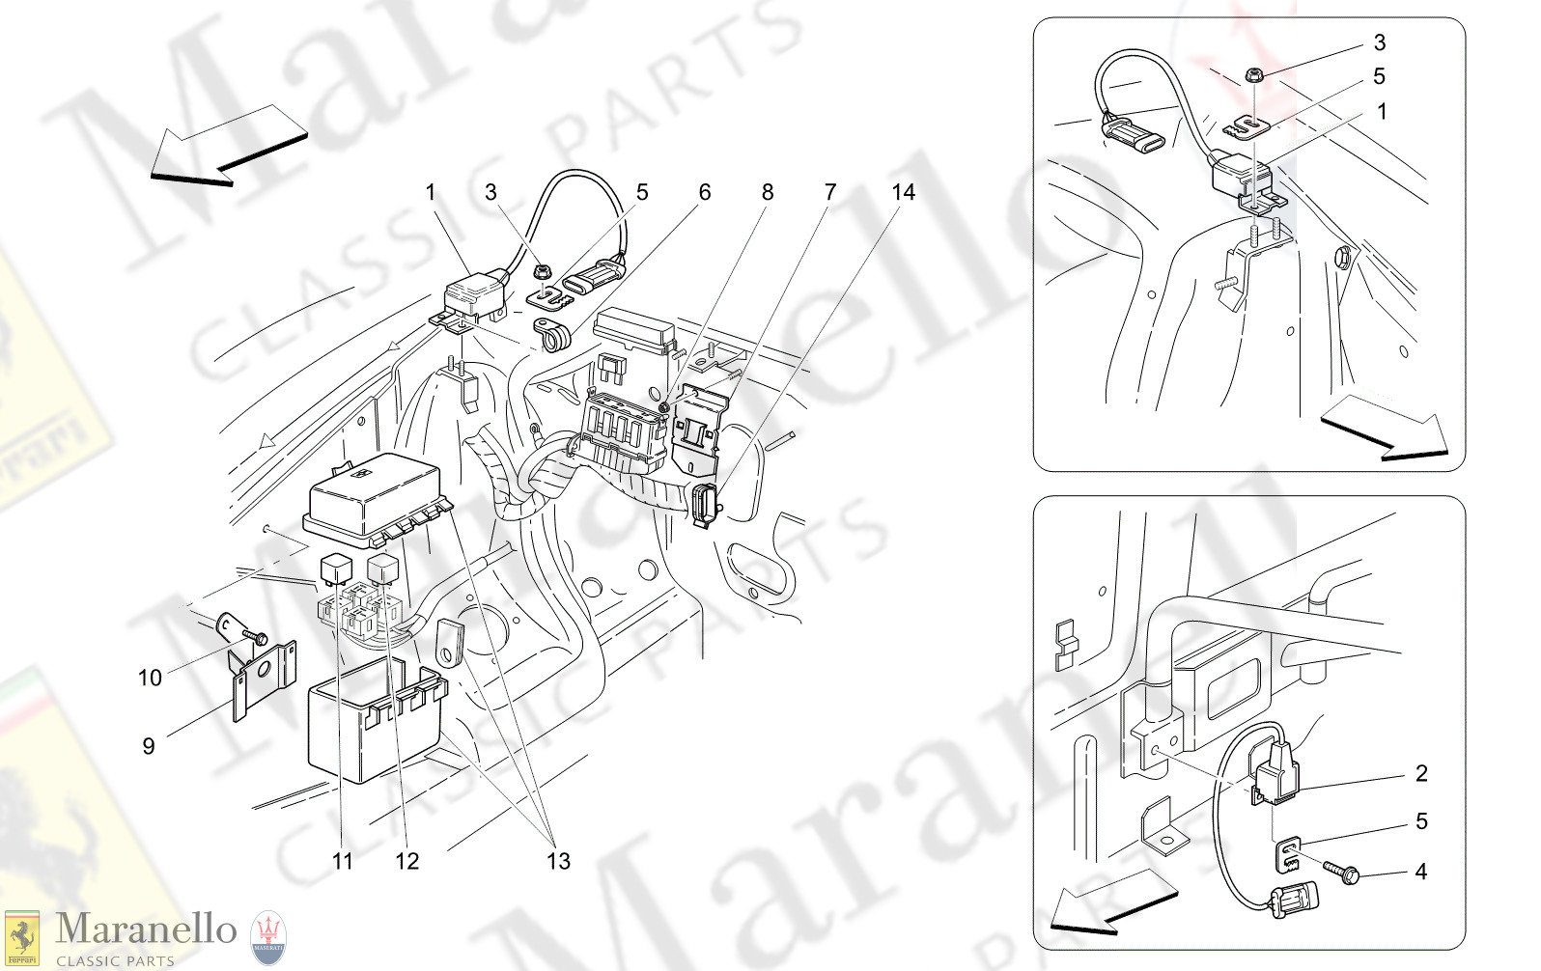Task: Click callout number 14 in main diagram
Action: pos(903,192)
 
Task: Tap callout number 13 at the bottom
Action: pos(558,861)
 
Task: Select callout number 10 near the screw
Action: pos(150,678)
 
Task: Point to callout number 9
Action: pos(148,746)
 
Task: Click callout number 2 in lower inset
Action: pos(1421,773)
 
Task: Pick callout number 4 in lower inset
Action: pos(1420,872)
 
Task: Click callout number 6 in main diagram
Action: pos(704,192)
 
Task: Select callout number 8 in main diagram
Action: pos(768,192)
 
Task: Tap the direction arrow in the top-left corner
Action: pos(227,144)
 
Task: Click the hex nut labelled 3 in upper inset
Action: pos(1252,73)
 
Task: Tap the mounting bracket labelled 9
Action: pos(264,675)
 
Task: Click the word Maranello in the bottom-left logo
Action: pos(146,929)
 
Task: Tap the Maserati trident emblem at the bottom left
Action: pos(268,937)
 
